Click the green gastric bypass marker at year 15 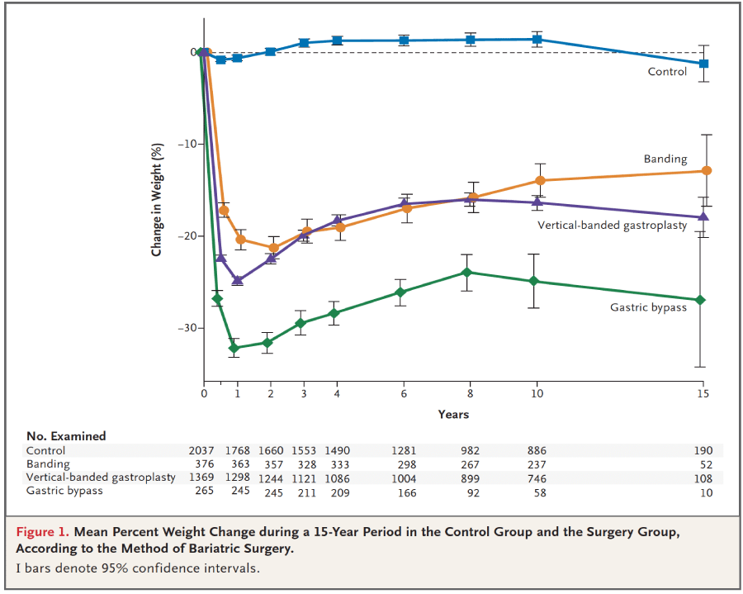point(701,299)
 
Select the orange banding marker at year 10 point(540,180)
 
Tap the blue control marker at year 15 point(703,64)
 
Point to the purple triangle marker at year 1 point(237,280)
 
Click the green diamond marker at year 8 point(467,272)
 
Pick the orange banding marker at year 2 point(273,247)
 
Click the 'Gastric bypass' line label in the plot point(648,307)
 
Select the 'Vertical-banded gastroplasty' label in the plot point(612,226)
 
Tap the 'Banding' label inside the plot point(665,159)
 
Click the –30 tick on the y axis point(191,328)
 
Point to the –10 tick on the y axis point(191,144)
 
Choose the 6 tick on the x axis point(404,394)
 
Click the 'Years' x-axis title point(453,414)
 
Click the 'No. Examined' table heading point(66,435)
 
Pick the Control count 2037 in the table point(202,451)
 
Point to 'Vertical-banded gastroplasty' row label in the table point(101,478)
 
